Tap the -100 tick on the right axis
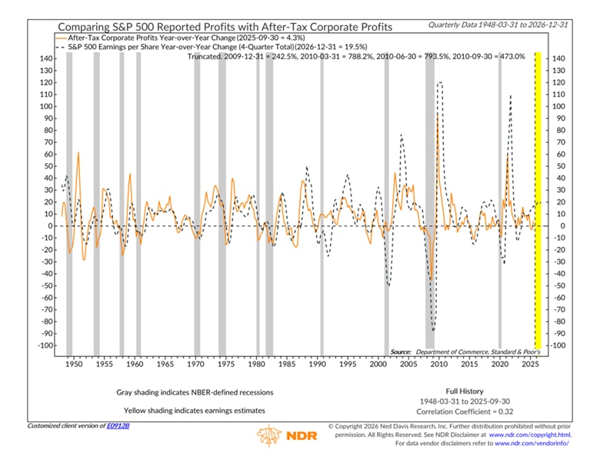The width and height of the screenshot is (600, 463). click(558, 345)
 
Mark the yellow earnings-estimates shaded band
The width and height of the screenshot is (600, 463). click(538, 200)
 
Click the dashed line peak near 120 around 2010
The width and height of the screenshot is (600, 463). click(440, 82)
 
